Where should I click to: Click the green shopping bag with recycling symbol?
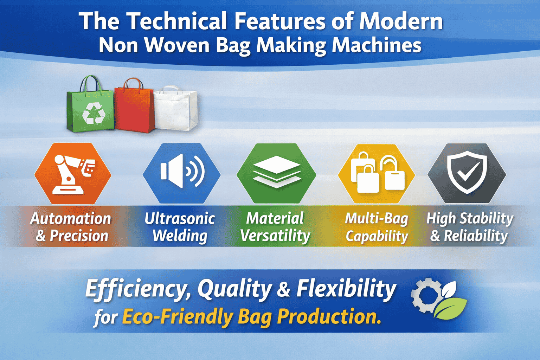90,109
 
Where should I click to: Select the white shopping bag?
176,109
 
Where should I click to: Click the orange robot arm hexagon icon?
73,174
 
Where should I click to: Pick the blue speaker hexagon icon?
181,174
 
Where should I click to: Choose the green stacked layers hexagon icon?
276,174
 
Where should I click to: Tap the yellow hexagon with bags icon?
377,174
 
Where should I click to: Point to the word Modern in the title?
401,22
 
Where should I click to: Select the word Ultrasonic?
180,219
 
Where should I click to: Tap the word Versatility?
275,236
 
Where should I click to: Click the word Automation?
71,219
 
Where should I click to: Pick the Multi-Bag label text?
377,219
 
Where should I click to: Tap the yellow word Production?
329,316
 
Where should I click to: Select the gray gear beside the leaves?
425,295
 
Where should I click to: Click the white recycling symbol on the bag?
94,113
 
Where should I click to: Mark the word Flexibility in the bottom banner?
346,289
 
